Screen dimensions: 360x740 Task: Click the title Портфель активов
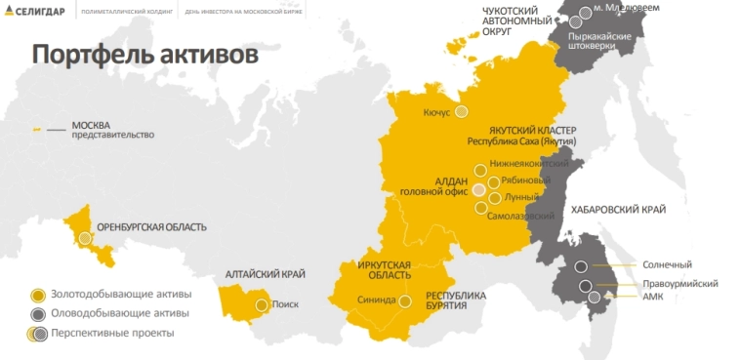[x=144, y=55]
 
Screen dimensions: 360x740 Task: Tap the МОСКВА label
[x=91, y=126]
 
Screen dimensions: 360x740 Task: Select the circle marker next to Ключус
[x=461, y=112]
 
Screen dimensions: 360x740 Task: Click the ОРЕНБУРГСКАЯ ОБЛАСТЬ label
[x=151, y=227]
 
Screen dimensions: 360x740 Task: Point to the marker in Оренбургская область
[x=86, y=237]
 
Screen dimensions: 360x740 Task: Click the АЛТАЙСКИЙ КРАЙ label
[x=265, y=275]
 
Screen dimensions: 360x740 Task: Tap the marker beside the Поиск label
[x=262, y=304]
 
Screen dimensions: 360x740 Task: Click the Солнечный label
[x=667, y=264]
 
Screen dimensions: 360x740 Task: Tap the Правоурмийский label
[x=680, y=283]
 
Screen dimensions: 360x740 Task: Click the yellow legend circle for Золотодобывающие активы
[x=37, y=295]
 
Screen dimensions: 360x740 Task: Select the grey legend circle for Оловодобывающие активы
[x=37, y=314]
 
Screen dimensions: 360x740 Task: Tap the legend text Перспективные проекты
[x=115, y=333]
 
